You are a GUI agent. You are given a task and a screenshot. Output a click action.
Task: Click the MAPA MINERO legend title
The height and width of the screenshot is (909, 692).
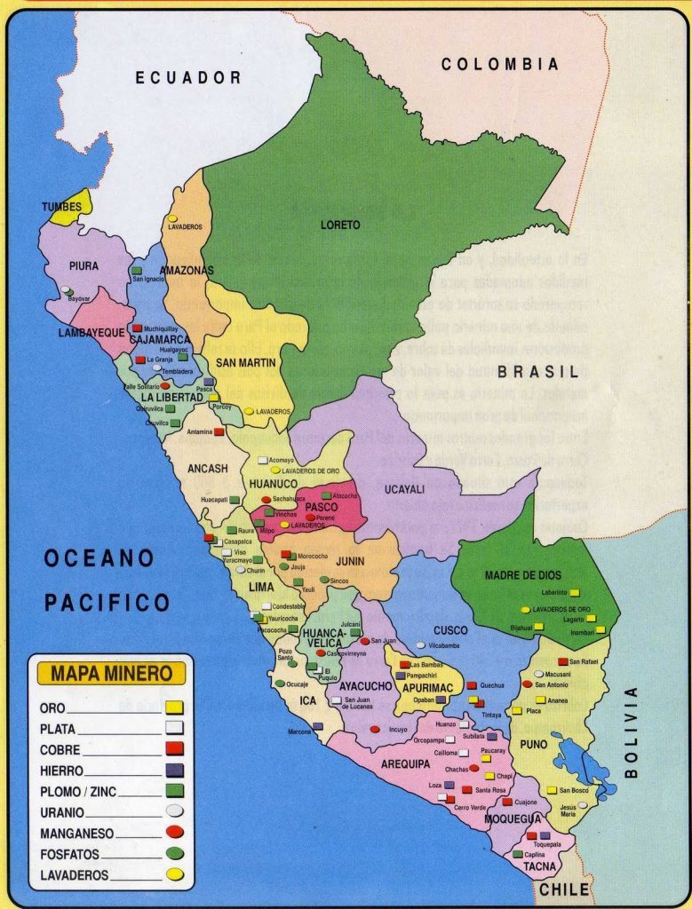[111, 673]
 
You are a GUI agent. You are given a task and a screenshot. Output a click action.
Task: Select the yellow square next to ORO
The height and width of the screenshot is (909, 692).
[174, 707]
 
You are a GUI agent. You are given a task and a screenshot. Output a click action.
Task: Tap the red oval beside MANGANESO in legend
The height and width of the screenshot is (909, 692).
[174, 833]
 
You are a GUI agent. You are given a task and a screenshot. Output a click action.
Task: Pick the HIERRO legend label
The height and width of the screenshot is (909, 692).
[61, 771]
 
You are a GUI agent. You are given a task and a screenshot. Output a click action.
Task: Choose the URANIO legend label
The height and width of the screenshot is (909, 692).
[62, 811]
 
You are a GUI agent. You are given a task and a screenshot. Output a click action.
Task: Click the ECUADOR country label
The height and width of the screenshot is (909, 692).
[187, 78]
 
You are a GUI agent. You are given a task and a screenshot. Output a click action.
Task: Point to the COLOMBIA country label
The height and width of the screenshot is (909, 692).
[500, 64]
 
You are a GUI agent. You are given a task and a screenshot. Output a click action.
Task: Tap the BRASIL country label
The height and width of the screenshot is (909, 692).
[537, 371]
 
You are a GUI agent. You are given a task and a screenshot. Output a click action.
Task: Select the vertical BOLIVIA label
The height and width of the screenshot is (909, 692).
[632, 732]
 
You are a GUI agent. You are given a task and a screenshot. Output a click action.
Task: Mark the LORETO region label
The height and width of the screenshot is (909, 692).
[340, 225]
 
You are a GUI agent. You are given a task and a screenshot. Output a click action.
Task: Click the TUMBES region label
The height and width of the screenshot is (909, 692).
[61, 207]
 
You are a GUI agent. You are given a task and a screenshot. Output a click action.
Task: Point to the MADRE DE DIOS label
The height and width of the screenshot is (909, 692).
[522, 575]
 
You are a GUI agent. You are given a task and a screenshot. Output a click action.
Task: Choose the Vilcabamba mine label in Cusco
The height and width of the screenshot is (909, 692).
[444, 645]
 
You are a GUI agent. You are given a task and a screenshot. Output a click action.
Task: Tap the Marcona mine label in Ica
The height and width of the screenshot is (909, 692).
[299, 731]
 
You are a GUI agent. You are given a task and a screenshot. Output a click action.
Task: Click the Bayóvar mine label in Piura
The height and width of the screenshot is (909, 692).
[79, 299]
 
